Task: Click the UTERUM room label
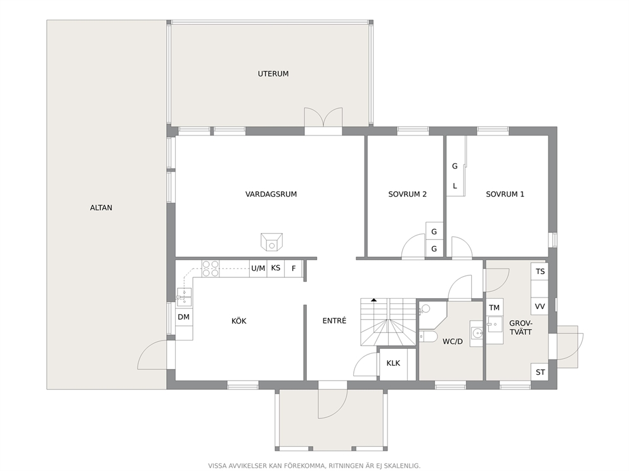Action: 273,73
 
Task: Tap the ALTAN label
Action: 101,208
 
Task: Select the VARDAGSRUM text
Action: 271,194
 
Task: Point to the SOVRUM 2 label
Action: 407,194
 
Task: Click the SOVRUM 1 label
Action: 505,194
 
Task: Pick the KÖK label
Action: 238,321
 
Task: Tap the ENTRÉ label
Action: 334,321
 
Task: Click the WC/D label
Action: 453,342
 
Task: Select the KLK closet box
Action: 393,363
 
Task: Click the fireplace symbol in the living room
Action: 271,242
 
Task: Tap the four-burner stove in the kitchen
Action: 211,268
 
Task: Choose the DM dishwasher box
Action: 184,317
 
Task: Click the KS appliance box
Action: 276,268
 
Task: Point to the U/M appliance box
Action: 258,268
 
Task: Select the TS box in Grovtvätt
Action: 540,271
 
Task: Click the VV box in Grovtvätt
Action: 540,306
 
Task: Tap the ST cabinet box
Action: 540,372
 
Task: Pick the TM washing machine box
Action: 494,307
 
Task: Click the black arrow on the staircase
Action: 374,299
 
